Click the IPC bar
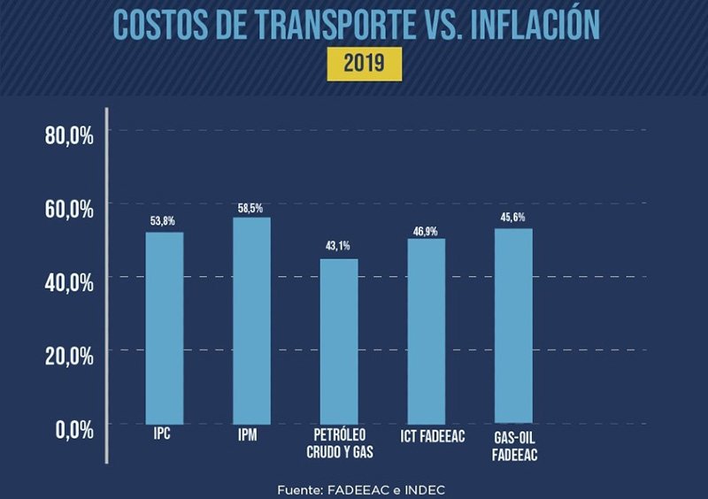coord(165,327)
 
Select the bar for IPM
coord(251,320)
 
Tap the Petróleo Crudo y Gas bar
coord(339,341)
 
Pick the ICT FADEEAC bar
coord(426,331)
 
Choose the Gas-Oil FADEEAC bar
coord(513,326)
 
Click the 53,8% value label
coord(164,219)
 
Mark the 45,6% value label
coord(513,217)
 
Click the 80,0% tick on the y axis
coord(69,134)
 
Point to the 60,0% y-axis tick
coord(69,209)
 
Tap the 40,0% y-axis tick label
coord(69,282)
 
